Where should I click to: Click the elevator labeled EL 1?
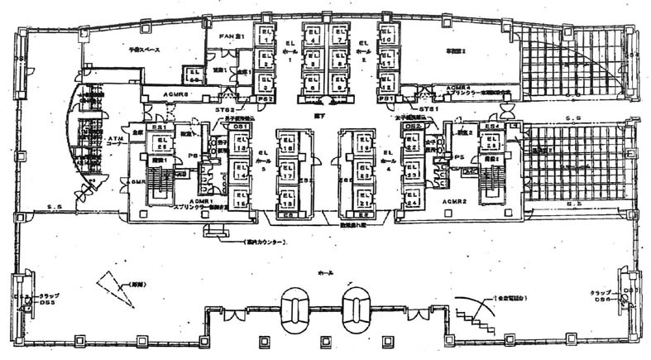tap(264, 35)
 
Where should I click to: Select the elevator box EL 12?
tap(385, 81)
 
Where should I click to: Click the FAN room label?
tap(229, 36)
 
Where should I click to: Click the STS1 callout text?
tap(427, 108)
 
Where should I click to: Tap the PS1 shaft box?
tap(385, 98)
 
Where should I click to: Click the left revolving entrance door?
tap(295, 309)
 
